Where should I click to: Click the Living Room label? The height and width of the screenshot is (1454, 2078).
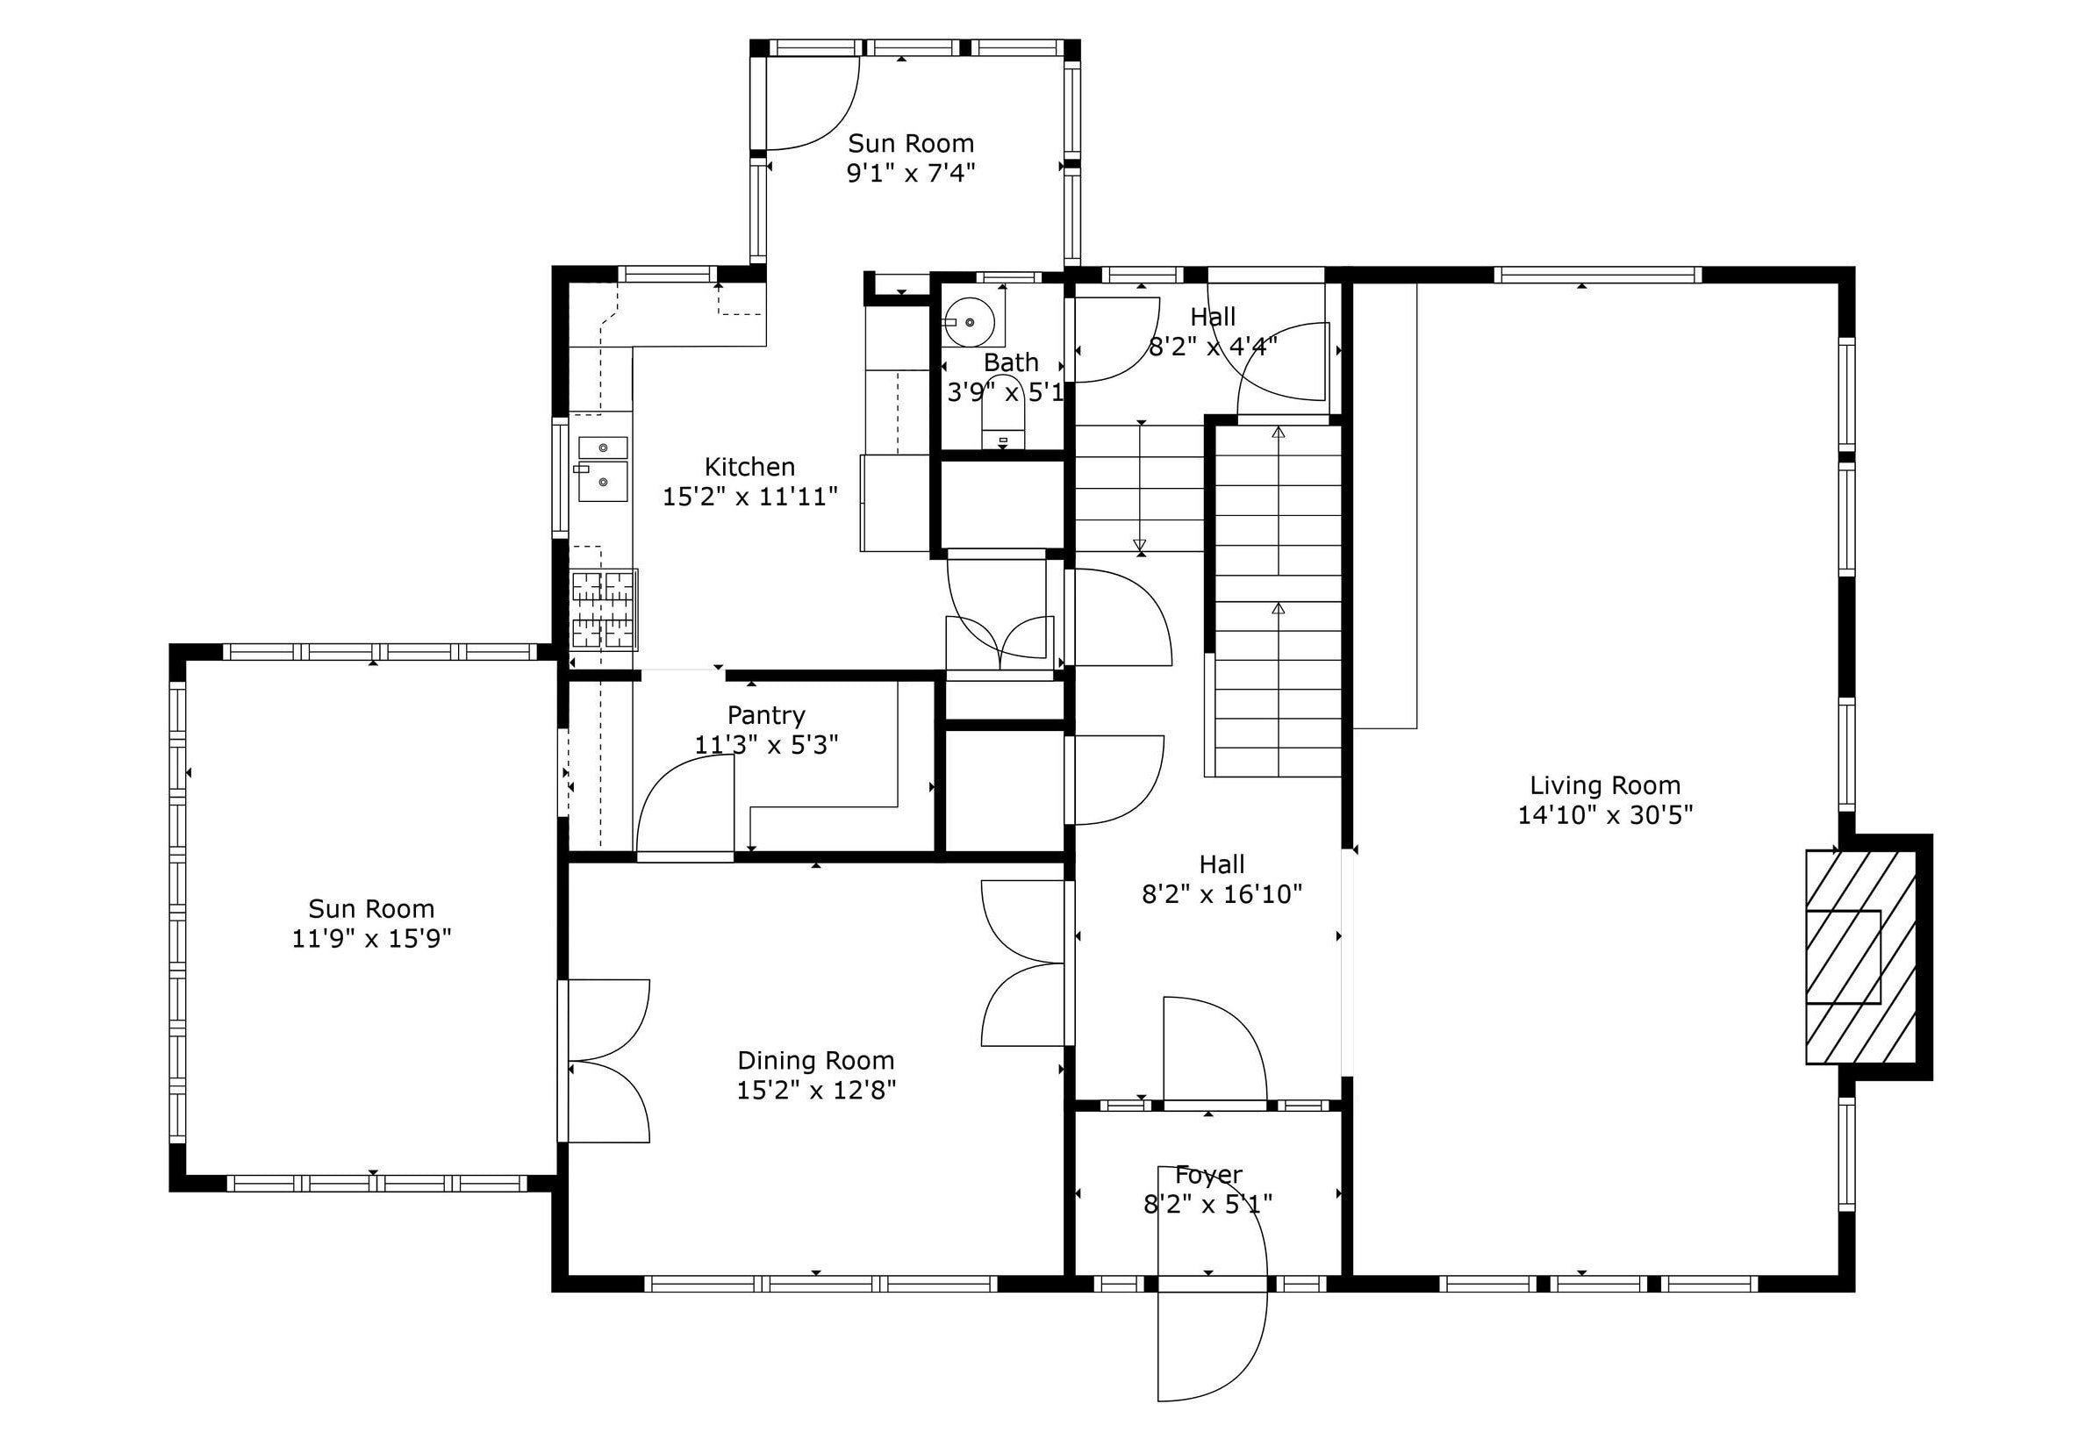(x=1604, y=784)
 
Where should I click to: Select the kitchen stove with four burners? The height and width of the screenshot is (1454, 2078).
(x=604, y=610)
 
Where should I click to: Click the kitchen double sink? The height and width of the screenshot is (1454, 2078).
(x=603, y=469)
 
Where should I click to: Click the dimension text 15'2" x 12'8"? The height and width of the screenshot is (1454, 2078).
(x=815, y=1090)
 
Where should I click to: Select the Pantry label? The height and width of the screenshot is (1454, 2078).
(x=766, y=715)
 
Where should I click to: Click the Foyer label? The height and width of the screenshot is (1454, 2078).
(x=1207, y=1174)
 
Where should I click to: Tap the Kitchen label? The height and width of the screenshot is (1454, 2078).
(x=749, y=467)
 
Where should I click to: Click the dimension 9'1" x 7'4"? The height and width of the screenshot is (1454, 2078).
(x=911, y=173)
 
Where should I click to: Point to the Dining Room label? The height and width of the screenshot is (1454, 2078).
(x=815, y=1059)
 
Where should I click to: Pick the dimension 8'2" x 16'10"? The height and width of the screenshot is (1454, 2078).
(x=1222, y=894)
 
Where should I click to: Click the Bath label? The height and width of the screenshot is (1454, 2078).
(x=1010, y=362)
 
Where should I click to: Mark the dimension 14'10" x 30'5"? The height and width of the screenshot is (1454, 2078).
(x=1604, y=815)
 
